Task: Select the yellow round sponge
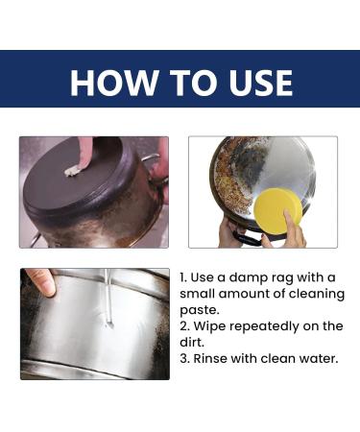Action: (x=279, y=209)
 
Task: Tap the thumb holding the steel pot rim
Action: (x=39, y=281)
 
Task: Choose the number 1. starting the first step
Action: (x=184, y=276)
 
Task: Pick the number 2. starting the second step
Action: (x=185, y=325)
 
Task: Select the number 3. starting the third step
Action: (x=185, y=358)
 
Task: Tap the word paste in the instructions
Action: (x=199, y=308)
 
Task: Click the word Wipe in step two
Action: (x=213, y=325)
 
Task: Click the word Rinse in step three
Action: (x=215, y=358)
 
